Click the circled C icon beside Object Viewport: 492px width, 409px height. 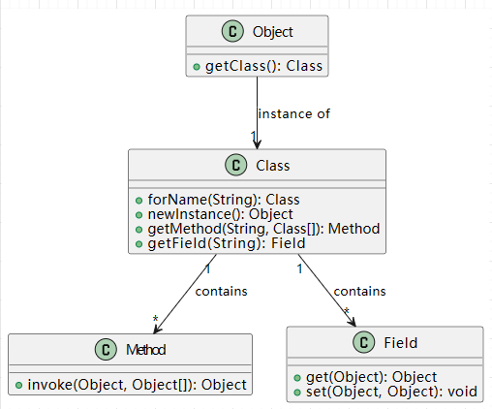tap(232, 31)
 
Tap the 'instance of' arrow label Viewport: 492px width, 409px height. tap(293, 113)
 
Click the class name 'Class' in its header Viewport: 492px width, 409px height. tap(273, 166)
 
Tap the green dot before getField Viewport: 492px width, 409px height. tap(138, 244)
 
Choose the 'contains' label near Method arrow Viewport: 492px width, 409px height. tap(221, 292)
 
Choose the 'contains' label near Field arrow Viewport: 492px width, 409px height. tap(359, 292)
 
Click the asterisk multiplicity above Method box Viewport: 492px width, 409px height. tap(155, 319)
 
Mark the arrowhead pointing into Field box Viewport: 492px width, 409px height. tap(353, 322)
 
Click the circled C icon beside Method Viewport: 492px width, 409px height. tap(106, 349)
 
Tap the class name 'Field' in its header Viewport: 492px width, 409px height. tap(400, 343)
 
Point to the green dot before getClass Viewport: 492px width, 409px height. tap(197, 67)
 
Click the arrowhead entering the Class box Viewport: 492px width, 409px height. tap(257, 144)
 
